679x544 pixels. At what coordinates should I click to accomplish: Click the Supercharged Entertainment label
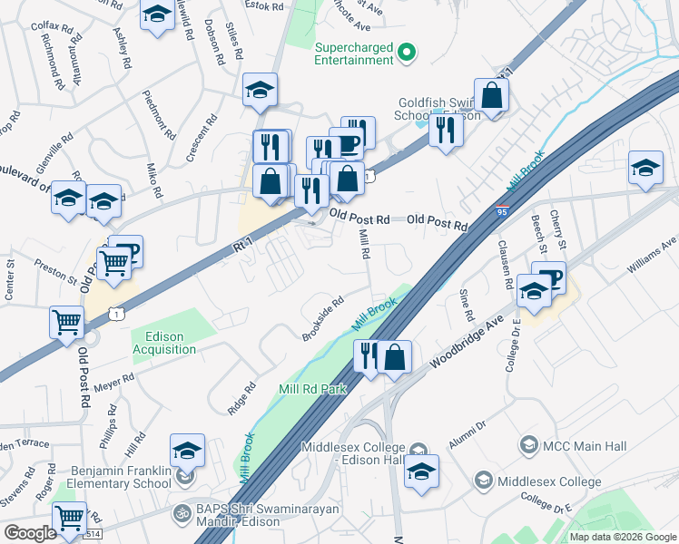pos(353,54)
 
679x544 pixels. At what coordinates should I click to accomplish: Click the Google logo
pos(30,533)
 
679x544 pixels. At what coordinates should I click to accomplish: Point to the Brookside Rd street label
pos(323,318)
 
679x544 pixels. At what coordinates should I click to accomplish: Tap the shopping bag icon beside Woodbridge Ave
pos(395,357)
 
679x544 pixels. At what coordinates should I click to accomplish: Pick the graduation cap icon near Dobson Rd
pos(260,91)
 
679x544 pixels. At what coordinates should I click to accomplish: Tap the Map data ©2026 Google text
pos(622,537)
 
